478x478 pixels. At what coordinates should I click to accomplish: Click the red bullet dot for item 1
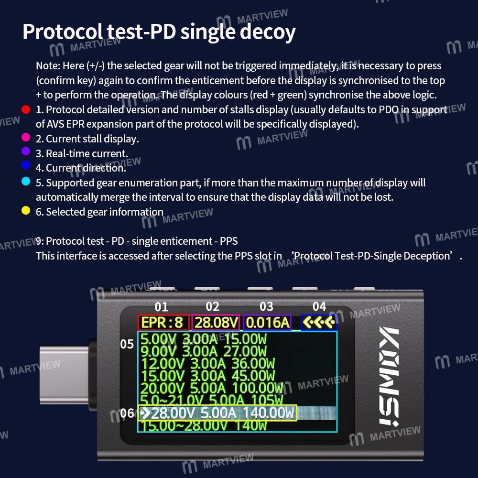point(26,109)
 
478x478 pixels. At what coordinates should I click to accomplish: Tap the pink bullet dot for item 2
point(26,138)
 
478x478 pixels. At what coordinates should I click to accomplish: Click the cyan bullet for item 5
point(26,182)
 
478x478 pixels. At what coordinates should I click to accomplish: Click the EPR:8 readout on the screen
point(163,323)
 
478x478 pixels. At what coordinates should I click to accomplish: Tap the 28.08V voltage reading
point(216,323)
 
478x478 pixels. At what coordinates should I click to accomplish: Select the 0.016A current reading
point(267,323)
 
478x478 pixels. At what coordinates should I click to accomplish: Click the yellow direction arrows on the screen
point(319,323)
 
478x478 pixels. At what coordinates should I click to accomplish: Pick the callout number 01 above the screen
point(162,307)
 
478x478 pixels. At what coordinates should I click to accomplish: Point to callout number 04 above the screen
point(319,306)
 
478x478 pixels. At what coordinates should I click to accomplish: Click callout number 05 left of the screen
point(127,344)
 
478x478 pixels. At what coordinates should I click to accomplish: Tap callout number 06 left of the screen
point(127,413)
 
